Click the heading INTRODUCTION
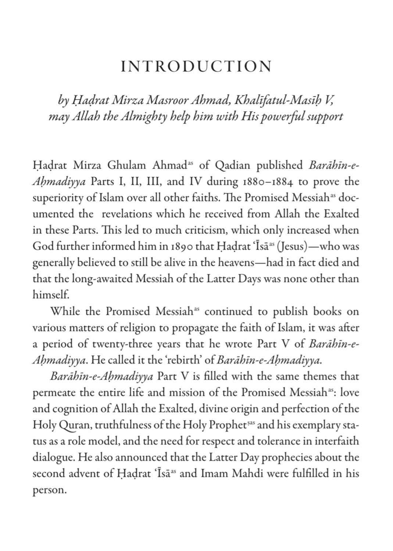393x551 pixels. [196, 66]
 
